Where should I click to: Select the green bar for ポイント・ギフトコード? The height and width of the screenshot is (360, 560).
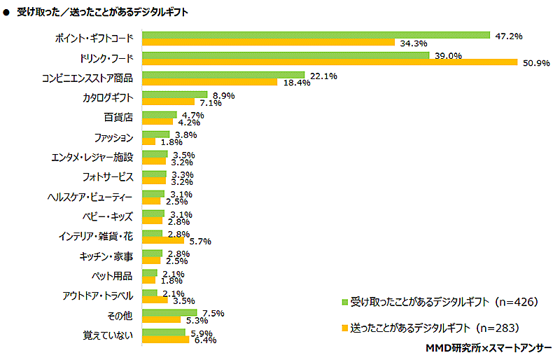click(x=316, y=34)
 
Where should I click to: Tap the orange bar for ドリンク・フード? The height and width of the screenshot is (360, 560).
click(x=330, y=62)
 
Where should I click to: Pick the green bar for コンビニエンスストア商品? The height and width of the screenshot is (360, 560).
click(x=223, y=74)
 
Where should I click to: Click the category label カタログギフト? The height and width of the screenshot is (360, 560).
click(x=108, y=97)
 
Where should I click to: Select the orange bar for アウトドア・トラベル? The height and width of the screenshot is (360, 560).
click(x=155, y=300)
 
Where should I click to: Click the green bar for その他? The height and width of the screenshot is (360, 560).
click(x=169, y=312)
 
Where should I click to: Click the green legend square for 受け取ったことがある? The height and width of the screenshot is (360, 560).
click(x=344, y=303)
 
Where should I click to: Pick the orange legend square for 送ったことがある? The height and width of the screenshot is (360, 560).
click(x=344, y=327)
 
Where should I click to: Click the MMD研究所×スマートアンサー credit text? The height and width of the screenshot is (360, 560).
click(x=488, y=348)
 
